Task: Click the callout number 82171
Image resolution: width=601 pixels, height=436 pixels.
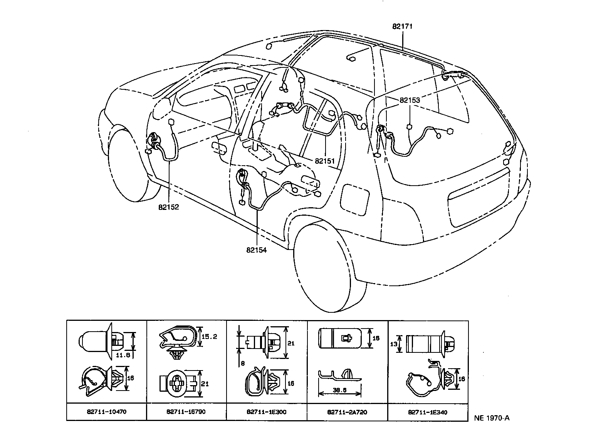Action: (403, 27)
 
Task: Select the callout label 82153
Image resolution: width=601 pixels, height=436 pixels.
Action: (410, 100)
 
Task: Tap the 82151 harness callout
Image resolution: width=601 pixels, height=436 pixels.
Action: (325, 161)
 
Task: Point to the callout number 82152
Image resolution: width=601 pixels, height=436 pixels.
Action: (168, 207)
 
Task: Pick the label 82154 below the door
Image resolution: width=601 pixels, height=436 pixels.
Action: (257, 250)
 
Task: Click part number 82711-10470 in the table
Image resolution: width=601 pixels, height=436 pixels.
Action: (107, 412)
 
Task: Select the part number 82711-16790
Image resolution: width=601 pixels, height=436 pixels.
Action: (186, 412)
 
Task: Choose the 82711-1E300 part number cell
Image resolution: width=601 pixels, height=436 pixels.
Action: (266, 412)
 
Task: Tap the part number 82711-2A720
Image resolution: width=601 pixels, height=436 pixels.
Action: (347, 412)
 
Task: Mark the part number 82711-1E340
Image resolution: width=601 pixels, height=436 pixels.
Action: (428, 412)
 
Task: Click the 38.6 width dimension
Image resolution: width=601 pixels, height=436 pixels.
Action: (339, 390)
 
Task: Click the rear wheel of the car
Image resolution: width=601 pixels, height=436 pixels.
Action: (327, 266)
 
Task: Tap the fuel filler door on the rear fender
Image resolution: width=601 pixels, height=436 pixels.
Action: (355, 199)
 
